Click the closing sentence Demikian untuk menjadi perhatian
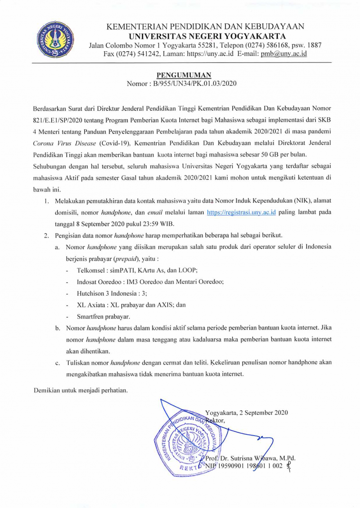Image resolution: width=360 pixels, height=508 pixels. [x=81, y=390]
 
